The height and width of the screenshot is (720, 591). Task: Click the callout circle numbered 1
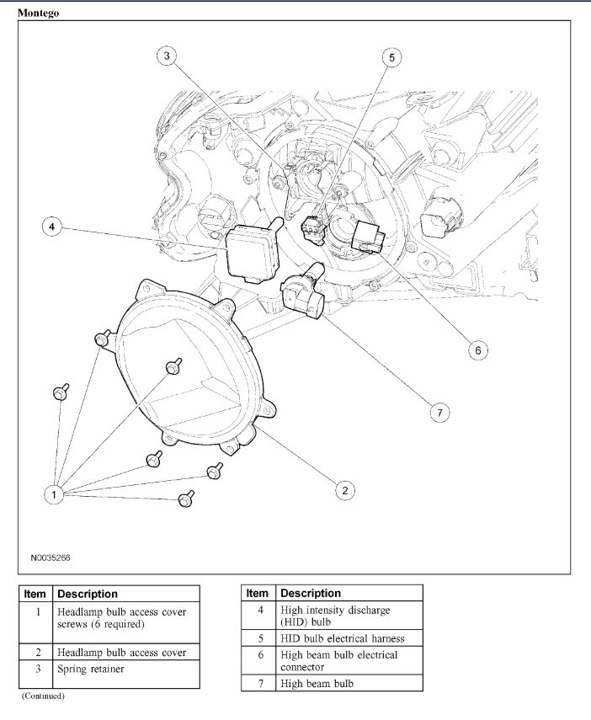(53, 494)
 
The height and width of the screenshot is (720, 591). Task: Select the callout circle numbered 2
(343, 489)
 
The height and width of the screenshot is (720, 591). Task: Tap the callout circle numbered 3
(167, 56)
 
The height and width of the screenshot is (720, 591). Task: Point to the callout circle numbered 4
(51, 227)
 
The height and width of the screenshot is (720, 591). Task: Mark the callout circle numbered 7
(438, 412)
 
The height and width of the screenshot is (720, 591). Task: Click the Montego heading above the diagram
(38, 13)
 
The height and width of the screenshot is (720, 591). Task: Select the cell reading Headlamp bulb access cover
(121, 652)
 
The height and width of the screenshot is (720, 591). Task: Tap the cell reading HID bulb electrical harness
(342, 638)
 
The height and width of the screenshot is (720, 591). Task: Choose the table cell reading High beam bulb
(317, 683)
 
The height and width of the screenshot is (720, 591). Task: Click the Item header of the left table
(35, 594)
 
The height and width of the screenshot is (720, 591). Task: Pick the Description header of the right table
(311, 593)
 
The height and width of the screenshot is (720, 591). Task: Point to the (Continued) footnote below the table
(43, 696)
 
